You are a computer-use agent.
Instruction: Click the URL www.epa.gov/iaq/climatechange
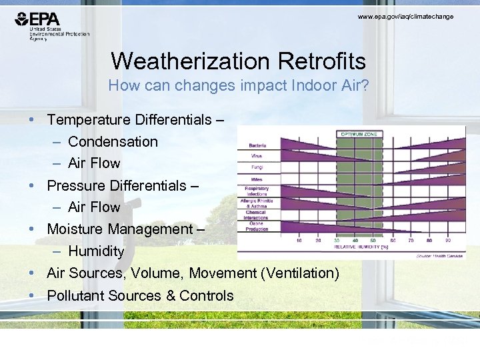pyautogui.click(x=405, y=16)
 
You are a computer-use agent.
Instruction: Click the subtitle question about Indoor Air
pyautogui.click(x=238, y=86)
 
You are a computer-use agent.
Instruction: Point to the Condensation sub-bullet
pyautogui.click(x=113, y=141)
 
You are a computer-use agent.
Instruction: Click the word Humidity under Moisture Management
pyautogui.click(x=96, y=251)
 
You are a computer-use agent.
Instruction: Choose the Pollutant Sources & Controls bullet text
pyautogui.click(x=140, y=295)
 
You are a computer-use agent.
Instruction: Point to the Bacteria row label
pyautogui.click(x=257, y=145)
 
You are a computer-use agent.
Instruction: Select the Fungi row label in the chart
pyautogui.click(x=257, y=167)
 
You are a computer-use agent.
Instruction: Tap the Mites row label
pyautogui.click(x=257, y=180)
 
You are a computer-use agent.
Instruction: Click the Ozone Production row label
pyautogui.click(x=257, y=227)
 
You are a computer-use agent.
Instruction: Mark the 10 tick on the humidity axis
pyautogui.click(x=298, y=240)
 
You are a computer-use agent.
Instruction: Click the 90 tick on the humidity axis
pyautogui.click(x=447, y=240)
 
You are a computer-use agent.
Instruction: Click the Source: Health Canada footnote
pyautogui.click(x=440, y=255)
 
